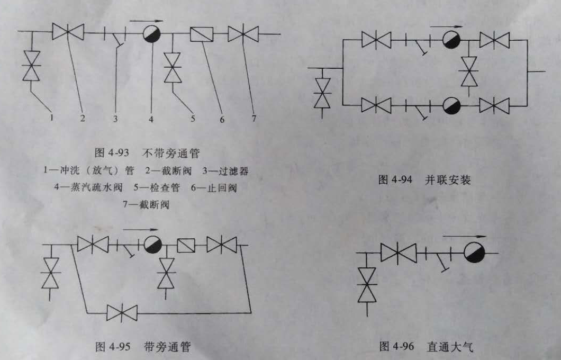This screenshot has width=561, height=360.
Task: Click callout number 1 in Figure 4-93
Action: point(51,118)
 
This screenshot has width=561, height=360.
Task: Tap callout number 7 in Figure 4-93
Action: point(254,119)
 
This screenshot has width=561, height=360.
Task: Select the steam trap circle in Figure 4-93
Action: point(152,34)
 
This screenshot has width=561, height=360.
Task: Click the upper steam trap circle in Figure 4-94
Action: point(451,40)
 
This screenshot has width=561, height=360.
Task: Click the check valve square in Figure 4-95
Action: point(186,245)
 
